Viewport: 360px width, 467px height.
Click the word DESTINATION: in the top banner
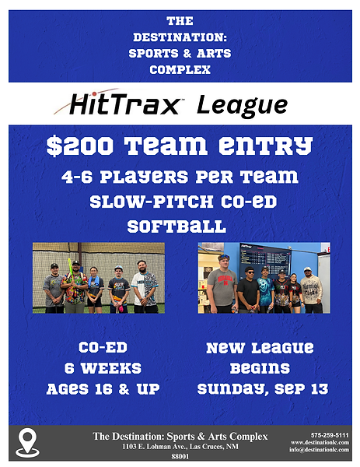point(180,37)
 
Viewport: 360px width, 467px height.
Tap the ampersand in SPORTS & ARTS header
point(187,54)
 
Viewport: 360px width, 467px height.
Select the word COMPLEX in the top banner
point(180,70)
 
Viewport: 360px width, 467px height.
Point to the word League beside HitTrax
point(242,105)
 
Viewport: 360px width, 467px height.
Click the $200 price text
point(80,146)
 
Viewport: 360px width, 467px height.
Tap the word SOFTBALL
point(177,226)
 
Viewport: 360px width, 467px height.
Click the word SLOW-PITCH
point(152,202)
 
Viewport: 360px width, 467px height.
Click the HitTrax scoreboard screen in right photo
point(265,258)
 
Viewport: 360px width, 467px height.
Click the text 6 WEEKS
point(103,368)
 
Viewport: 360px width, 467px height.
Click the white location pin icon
point(27,443)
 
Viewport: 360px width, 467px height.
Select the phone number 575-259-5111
point(330,435)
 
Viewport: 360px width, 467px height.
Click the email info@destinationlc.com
point(320,450)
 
